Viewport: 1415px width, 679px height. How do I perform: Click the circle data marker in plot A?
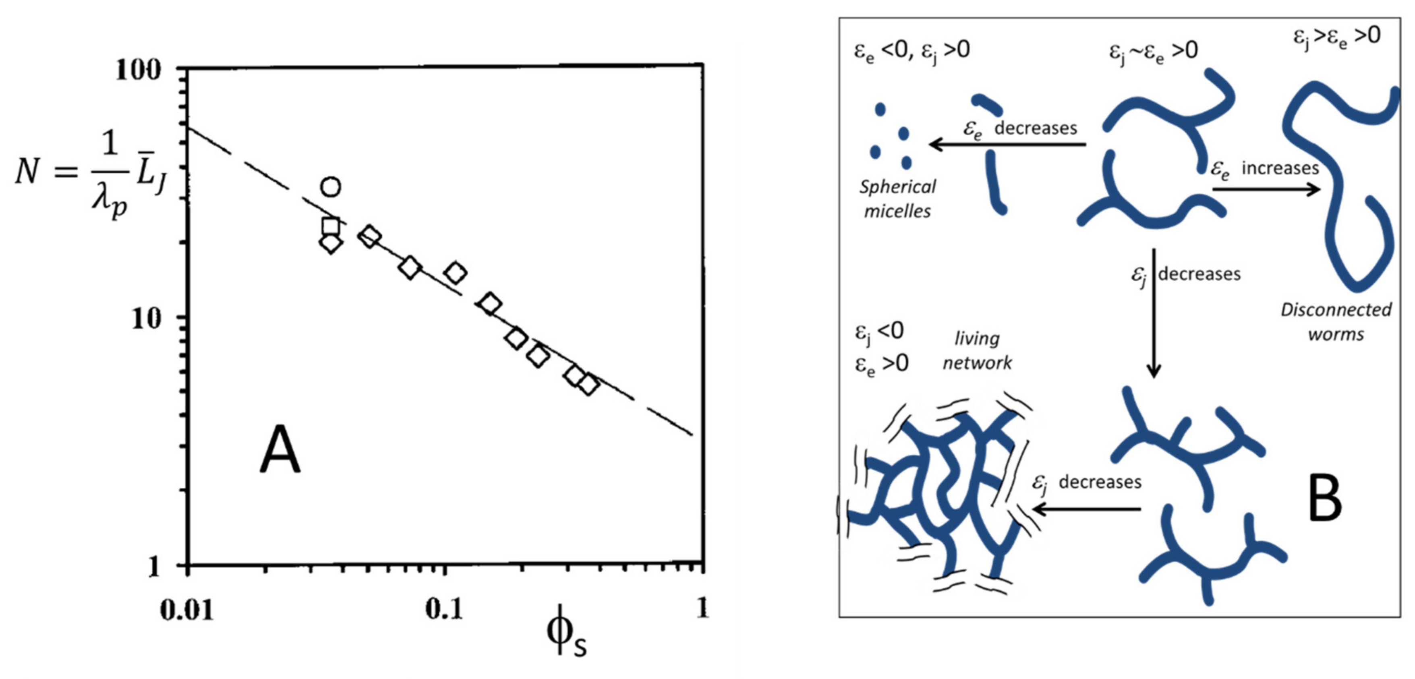tap(330, 187)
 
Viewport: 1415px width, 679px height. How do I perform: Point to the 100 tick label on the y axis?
tap(139, 71)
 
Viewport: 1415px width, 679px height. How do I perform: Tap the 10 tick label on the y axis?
tap(147, 318)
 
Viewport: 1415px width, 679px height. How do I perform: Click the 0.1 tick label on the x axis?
tap(444, 610)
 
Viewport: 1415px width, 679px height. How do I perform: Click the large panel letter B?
tap(1324, 499)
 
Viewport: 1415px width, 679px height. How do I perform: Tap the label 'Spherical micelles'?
tap(897, 199)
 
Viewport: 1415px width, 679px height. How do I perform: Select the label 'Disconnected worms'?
tap(1336, 322)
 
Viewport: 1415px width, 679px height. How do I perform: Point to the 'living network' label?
tap(977, 350)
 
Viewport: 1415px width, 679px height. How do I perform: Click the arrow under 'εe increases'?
tap(1266, 190)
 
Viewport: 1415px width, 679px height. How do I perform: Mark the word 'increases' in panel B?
tap(1280, 168)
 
